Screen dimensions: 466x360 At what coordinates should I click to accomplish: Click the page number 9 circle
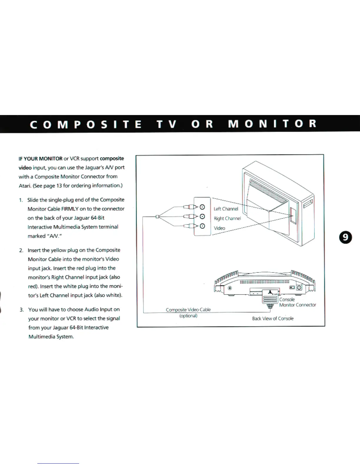346,237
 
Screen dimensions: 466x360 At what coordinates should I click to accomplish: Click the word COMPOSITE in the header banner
86,124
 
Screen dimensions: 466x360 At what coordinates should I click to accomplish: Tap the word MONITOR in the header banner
272,124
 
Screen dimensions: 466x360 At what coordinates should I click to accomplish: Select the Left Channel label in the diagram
226,209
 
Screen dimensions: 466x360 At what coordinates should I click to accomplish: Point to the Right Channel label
227,218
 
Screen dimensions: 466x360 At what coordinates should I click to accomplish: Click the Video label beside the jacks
219,228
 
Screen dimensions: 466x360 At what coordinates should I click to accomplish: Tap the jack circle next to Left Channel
202,207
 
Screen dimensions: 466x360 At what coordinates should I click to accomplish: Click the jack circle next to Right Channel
202,217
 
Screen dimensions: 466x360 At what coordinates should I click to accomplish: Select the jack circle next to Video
202,226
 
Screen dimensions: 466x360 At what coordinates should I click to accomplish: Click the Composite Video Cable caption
188,310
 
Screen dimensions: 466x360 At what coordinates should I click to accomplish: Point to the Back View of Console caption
273,318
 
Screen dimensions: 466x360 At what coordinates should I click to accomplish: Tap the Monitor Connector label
298,305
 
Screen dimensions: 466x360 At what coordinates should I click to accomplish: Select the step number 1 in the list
21,200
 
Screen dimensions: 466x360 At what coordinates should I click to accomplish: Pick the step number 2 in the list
21,250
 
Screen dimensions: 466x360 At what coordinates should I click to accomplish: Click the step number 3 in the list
21,310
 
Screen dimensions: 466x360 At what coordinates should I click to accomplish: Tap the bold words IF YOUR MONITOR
41,159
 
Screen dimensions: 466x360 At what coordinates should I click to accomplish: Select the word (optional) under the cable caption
188,316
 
